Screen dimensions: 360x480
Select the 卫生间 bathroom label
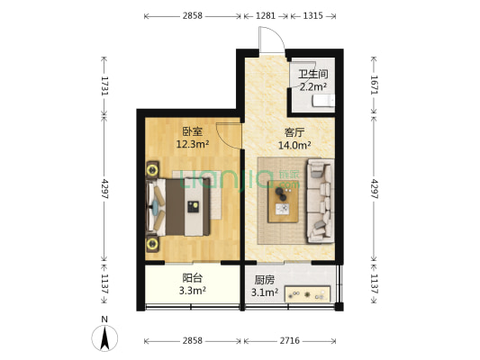pos(312,74)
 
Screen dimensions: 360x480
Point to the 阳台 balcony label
pos(192,278)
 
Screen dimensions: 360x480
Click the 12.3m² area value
pos(193,144)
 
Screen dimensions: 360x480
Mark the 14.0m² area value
pos(294,144)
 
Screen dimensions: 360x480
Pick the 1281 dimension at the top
pos(265,16)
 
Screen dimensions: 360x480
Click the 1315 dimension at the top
pos(312,16)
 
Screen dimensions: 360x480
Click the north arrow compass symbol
pos(105,337)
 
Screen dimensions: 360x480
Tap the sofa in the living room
pos(322,200)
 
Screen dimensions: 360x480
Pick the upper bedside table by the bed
pos(151,168)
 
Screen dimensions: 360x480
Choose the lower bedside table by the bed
pos(151,244)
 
